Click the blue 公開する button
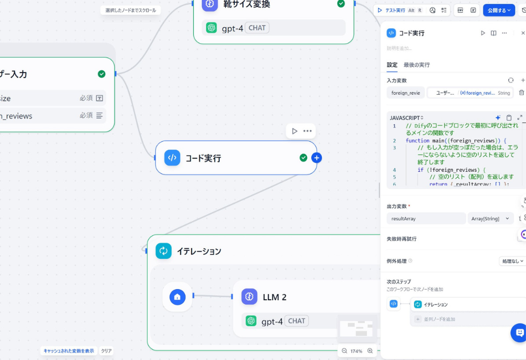[x=498, y=10]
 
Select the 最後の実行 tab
[x=416, y=65]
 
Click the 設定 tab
[x=392, y=65]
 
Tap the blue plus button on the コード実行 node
[x=317, y=158]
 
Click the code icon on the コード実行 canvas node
[x=172, y=158]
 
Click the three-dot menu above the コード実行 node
[x=307, y=131]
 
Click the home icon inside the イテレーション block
[x=177, y=297]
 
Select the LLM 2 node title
[x=274, y=297]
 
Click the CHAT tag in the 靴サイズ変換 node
[x=257, y=28]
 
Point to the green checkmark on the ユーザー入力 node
[x=101, y=74]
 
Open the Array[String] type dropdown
[x=490, y=219]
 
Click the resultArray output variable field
[x=426, y=219]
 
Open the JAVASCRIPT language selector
[x=406, y=117]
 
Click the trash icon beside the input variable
[x=522, y=92]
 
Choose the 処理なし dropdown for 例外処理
[x=511, y=261]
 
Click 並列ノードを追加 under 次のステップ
[x=439, y=319]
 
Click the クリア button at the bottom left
[x=106, y=351]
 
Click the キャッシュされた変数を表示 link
[x=69, y=351]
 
